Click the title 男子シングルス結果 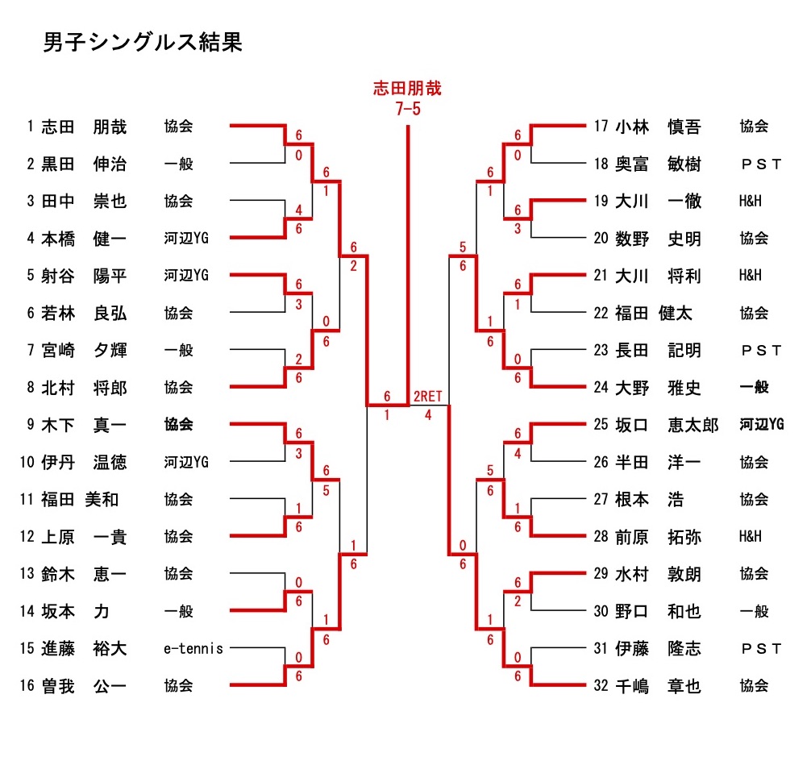[x=142, y=43]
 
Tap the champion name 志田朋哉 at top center [x=407, y=89]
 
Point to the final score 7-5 [x=407, y=109]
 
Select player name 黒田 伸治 [x=84, y=164]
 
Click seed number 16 [x=27, y=686]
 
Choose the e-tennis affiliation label [x=193, y=649]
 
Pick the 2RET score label [x=428, y=397]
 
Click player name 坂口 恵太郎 [x=666, y=425]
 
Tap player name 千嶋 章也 [x=657, y=686]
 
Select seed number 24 [x=601, y=388]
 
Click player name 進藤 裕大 [x=84, y=649]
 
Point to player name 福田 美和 [x=80, y=500]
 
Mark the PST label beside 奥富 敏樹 [x=761, y=164]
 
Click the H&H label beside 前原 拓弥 [x=750, y=537]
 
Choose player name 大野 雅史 [x=657, y=388]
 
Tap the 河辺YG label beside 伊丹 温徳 [x=186, y=463]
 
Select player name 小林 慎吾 [x=657, y=127]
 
